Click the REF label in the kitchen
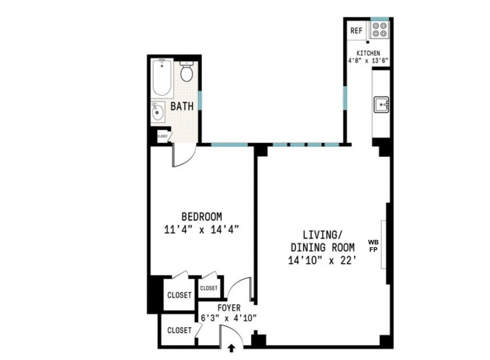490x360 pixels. [x=356, y=31]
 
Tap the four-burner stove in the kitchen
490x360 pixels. [x=379, y=30]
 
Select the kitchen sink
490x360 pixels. [x=382, y=104]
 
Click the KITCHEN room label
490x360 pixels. [x=368, y=53]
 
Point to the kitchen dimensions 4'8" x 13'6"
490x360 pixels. [x=366, y=60]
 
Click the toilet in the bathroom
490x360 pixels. [x=187, y=73]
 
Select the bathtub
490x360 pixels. [x=162, y=77]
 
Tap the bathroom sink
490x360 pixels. [x=157, y=112]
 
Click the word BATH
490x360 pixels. [x=182, y=107]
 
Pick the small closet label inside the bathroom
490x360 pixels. [x=162, y=136]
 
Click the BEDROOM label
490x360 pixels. [x=202, y=217]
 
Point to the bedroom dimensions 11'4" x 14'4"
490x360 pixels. [x=201, y=229]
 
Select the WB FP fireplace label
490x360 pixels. [x=373, y=246]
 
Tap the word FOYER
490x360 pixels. [x=229, y=308]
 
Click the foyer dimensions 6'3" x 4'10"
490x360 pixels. [x=229, y=318]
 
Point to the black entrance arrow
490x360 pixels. [x=232, y=348]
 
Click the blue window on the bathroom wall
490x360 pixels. [x=200, y=100]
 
